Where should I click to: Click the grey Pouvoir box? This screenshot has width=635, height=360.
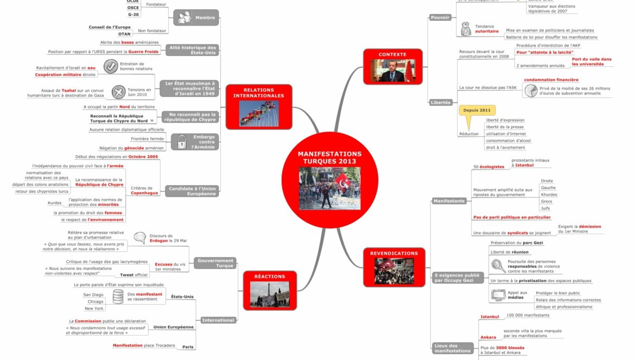[440, 17]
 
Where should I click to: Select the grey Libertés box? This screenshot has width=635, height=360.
[441, 102]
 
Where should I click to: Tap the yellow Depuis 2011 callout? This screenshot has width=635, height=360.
[477, 111]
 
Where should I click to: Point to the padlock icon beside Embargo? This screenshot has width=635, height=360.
[180, 142]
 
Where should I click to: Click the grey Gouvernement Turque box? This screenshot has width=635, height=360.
[215, 263]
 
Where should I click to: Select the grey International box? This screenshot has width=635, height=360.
[218, 320]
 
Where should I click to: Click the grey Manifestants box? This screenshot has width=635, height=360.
[449, 201]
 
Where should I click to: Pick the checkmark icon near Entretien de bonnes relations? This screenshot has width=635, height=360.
[111, 66]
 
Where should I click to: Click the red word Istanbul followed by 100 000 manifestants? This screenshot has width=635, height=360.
[490, 317]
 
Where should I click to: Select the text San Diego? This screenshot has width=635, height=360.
[93, 295]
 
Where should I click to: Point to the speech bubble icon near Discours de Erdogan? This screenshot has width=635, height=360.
[140, 237]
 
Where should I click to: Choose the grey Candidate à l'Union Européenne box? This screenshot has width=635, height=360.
[193, 191]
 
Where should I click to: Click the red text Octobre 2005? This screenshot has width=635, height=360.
[143, 157]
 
